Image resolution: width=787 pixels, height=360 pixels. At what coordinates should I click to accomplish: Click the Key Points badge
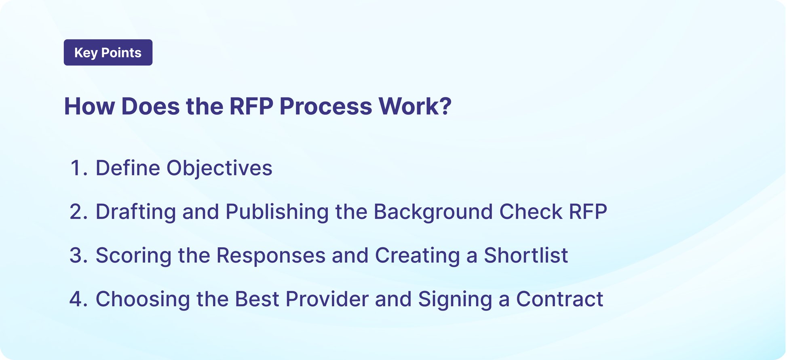click(x=108, y=53)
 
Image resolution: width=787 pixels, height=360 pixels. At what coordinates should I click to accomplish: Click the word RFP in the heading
click(x=251, y=107)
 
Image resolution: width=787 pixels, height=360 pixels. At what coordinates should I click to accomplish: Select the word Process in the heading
click(x=326, y=107)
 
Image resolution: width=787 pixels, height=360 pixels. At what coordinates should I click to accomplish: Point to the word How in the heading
click(x=89, y=107)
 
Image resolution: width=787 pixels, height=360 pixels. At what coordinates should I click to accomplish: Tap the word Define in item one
click(x=127, y=168)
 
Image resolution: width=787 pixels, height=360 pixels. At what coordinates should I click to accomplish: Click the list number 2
click(x=76, y=212)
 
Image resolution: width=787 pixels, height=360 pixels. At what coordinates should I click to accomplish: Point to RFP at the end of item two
click(x=588, y=212)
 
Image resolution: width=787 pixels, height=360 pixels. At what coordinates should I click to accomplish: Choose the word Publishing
click(x=277, y=212)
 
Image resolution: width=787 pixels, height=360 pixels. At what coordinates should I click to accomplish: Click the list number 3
click(x=76, y=255)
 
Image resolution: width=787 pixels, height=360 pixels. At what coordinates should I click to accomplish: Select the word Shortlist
click(x=525, y=255)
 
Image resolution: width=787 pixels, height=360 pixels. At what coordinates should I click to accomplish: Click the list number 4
click(x=76, y=299)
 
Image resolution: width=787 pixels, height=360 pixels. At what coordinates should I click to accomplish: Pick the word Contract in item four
click(x=559, y=299)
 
